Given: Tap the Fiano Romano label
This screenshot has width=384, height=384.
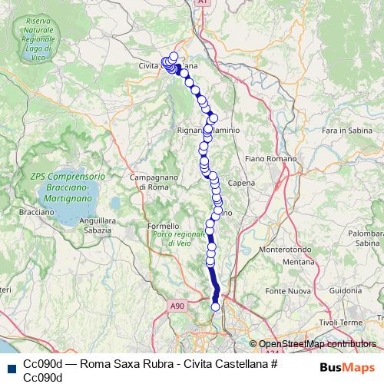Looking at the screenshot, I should tap(266, 159).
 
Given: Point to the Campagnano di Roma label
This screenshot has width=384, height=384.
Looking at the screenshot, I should tap(149, 182).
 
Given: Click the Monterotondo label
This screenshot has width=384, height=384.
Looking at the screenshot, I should tap(282, 250).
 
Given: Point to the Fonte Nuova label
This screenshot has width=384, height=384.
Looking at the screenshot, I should tap(285, 292).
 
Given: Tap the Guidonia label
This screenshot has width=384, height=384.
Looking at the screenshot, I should tap(346, 291).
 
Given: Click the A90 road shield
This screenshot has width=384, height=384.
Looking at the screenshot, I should tap(178, 306).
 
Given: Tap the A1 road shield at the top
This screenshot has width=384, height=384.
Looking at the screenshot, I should tap(200, 3).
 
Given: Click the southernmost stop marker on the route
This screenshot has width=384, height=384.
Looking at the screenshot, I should tap(216, 307).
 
